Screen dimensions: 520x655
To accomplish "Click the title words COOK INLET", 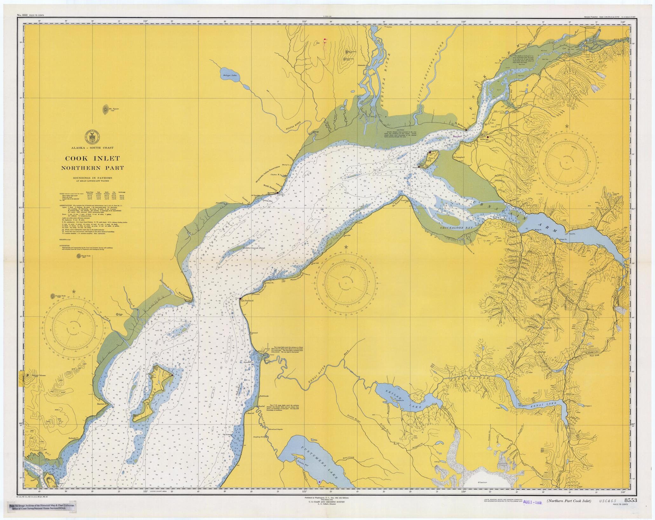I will coord(92,158).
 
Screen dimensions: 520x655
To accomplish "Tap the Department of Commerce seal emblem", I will coord(92,137).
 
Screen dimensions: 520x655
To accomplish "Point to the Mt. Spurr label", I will coord(113,109).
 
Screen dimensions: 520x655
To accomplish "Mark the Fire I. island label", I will coord(431,158).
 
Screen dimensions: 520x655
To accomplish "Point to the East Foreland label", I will coord(247,301).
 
